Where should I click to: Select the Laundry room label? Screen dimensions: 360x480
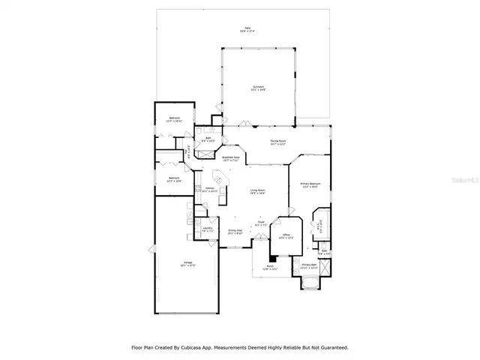point(207,229)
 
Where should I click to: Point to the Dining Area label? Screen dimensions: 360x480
point(235,232)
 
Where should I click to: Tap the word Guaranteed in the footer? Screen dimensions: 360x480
point(331,347)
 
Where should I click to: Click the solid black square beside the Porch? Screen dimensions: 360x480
point(271,256)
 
